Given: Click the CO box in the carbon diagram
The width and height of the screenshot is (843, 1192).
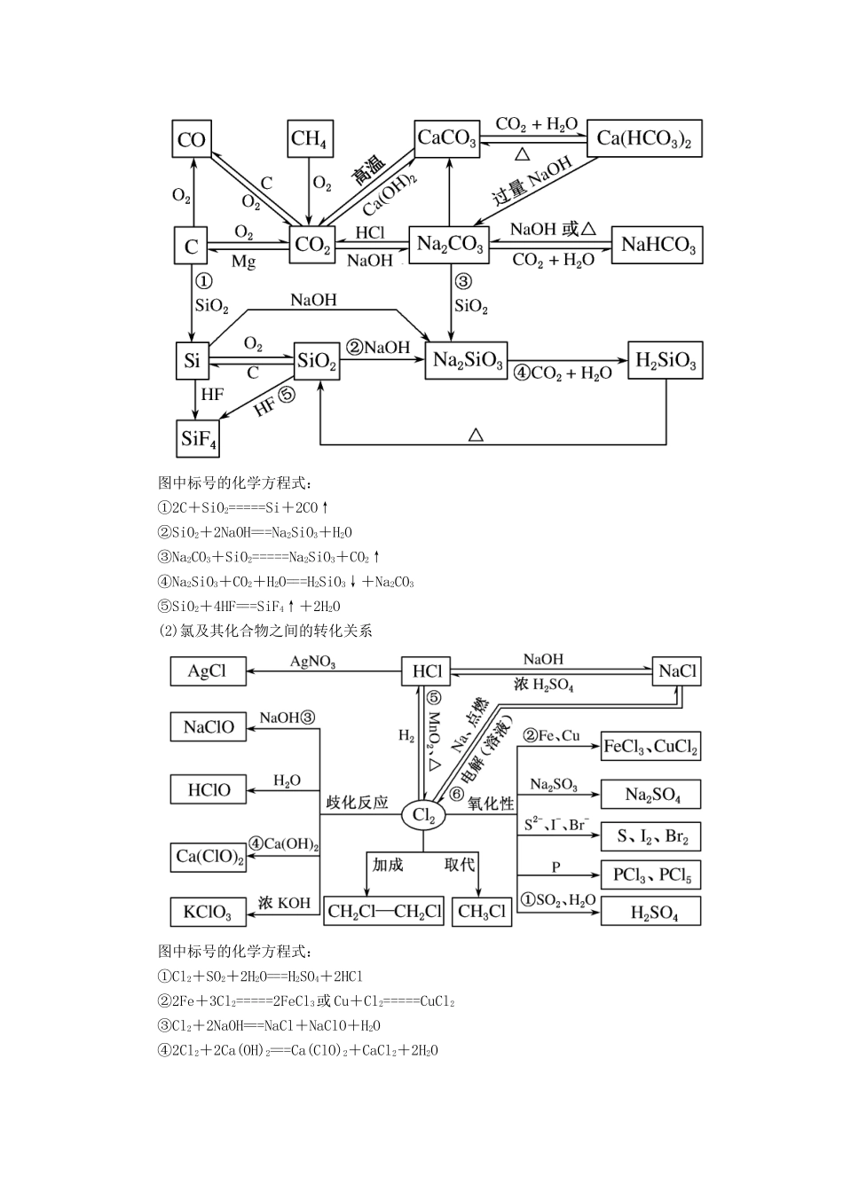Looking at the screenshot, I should (x=192, y=139).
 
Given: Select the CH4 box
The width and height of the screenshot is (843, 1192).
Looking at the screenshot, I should (x=309, y=139).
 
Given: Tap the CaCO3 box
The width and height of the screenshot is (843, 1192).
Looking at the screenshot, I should (x=447, y=138).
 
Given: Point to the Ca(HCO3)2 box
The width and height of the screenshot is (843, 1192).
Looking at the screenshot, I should (x=644, y=138).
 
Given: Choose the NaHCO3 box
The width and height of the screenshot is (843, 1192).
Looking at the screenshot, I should (x=658, y=245).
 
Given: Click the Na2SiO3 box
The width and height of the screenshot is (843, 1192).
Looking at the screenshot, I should (x=468, y=361).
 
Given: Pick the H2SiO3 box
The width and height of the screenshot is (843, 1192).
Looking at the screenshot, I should (x=666, y=360).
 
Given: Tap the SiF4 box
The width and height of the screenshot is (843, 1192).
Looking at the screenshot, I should (x=199, y=438).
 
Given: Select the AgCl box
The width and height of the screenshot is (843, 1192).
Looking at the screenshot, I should (x=207, y=671).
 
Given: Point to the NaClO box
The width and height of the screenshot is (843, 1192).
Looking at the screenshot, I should (x=209, y=727).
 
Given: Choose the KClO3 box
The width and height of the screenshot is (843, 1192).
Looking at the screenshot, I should (x=208, y=912).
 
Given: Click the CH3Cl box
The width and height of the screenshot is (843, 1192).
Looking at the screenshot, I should (x=482, y=911).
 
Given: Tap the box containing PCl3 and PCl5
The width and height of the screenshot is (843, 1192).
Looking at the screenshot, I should (x=651, y=875).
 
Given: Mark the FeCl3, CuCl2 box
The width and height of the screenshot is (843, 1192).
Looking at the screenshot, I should (x=651, y=746).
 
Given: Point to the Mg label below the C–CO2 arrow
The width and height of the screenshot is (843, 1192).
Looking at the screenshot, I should (x=243, y=263).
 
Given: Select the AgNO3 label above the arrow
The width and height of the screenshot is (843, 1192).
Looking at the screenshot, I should (x=313, y=663).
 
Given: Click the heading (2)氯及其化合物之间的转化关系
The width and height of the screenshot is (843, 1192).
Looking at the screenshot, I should (x=265, y=631).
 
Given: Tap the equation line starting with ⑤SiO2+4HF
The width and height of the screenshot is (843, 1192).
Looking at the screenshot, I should (x=249, y=607).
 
